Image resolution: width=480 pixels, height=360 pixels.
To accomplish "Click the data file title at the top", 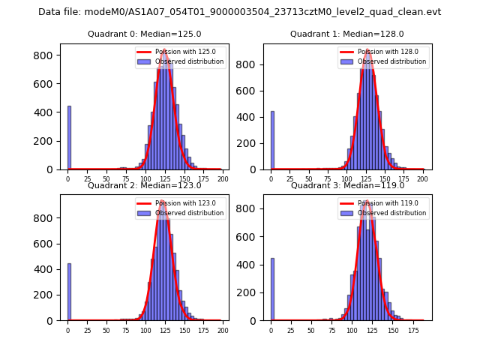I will pyautogui.click(x=239, y=12).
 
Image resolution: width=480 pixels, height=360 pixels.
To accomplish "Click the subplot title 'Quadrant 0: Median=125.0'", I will pyautogui.click(x=144, y=34).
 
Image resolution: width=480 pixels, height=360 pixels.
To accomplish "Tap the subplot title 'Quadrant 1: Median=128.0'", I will pyautogui.click(x=347, y=34).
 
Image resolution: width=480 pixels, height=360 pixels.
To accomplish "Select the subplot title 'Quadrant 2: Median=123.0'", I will pyautogui.click(x=144, y=185).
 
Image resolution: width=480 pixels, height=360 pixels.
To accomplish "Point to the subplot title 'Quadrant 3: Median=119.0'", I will pyautogui.click(x=347, y=185).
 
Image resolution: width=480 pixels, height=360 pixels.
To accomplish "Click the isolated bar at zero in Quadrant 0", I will pyautogui.click(x=69, y=138).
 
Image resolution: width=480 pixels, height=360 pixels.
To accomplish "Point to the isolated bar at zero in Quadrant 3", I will pyautogui.click(x=272, y=289).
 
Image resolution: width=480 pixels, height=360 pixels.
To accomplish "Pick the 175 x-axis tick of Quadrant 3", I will pyautogui.click(x=413, y=329).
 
